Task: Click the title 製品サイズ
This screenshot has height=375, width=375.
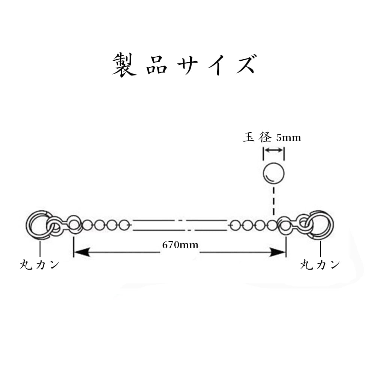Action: [x=184, y=65]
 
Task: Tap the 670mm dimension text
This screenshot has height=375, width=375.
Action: [x=180, y=245]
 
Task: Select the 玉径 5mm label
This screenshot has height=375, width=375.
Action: [x=272, y=138]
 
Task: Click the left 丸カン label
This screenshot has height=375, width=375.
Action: [x=39, y=264]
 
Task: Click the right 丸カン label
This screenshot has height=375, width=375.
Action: [x=320, y=264]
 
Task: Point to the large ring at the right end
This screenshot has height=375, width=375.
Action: [x=322, y=225]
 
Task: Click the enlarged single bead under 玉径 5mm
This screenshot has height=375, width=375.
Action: [x=273, y=173]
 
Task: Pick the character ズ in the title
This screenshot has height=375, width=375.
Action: [x=244, y=65]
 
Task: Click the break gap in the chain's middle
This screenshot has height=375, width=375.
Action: [x=184, y=225]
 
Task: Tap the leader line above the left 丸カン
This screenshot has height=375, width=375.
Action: [x=40, y=249]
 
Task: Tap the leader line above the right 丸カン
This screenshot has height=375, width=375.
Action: [x=321, y=249]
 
